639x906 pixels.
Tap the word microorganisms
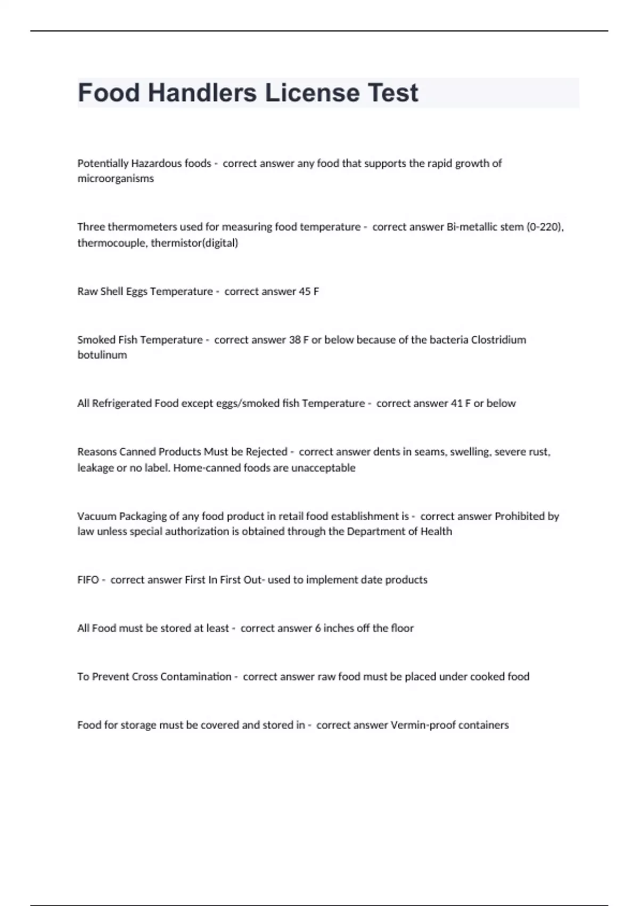[116, 179]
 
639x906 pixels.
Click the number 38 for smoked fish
[294, 340]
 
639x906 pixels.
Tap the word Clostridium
[498, 340]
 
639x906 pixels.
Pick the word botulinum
[102, 355]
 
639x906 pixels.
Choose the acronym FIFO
[88, 580]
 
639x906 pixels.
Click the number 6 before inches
[318, 628]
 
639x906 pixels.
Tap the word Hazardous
[156, 164]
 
